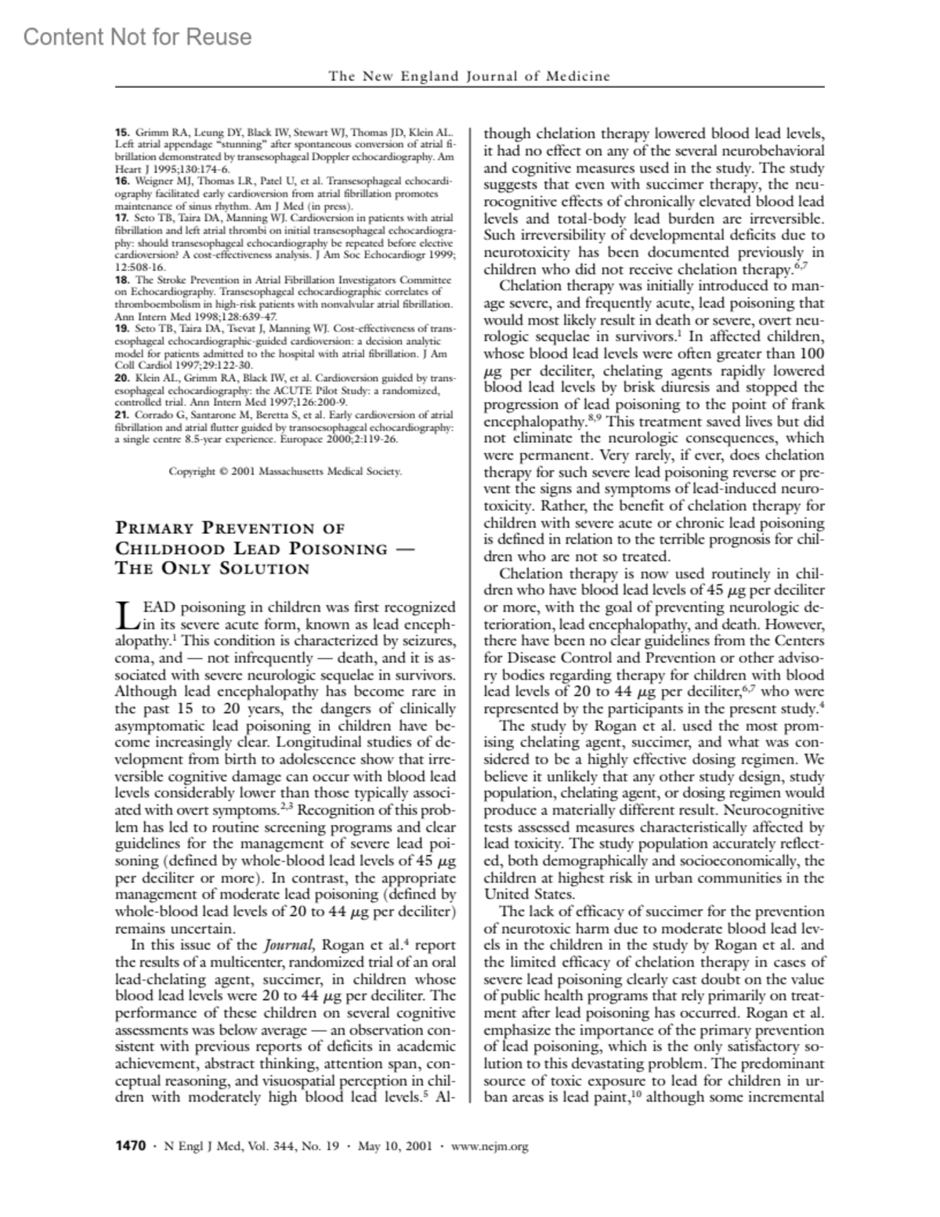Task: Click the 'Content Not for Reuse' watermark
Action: (138, 37)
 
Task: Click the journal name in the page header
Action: (469, 76)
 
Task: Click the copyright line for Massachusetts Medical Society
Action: (285, 471)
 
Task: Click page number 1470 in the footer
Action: (130, 1146)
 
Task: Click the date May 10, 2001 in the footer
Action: (392, 1146)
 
